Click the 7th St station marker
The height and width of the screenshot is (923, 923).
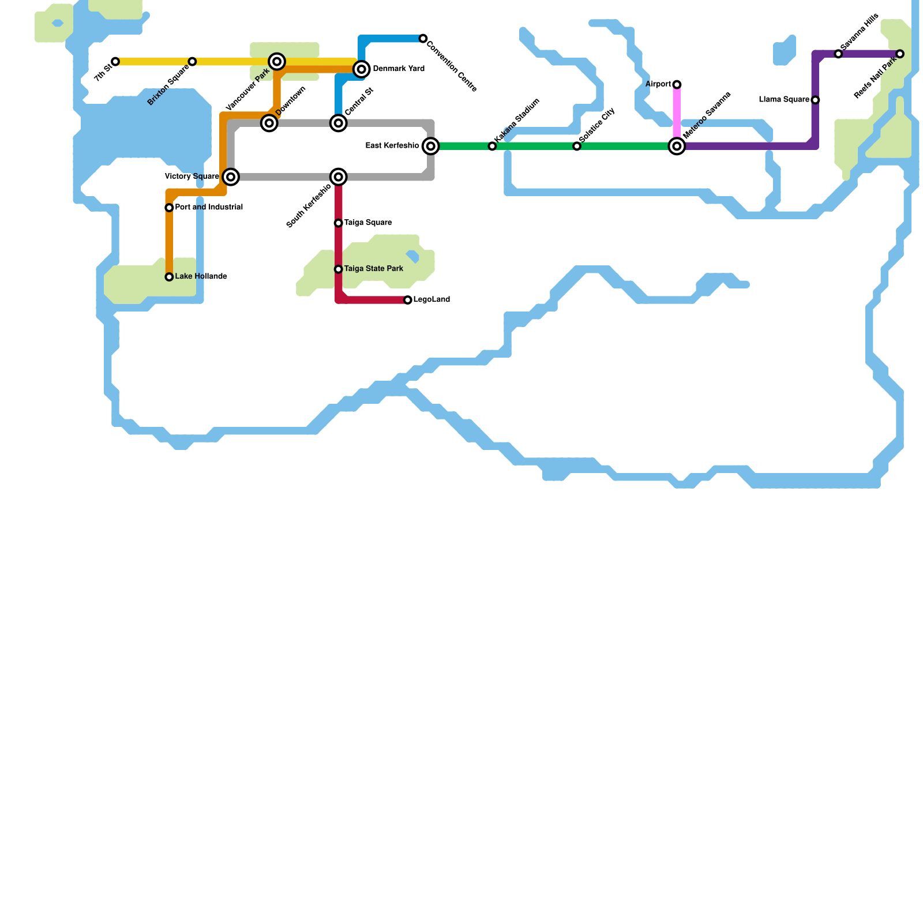click(115, 62)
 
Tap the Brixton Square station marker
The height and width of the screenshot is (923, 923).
click(192, 62)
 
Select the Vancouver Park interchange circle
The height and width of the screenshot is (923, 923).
click(277, 62)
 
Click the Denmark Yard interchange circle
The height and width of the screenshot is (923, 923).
click(362, 69)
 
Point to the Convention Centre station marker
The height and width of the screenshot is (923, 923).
click(423, 39)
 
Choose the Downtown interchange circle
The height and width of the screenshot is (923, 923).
click(269, 123)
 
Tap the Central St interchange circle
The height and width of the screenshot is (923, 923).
click(339, 123)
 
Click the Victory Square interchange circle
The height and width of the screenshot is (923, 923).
click(231, 177)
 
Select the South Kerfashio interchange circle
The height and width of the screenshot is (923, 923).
click(339, 177)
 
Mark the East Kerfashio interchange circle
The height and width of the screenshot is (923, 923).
click(430, 146)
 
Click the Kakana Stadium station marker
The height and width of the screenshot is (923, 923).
click(492, 147)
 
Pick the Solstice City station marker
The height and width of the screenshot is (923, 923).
click(577, 147)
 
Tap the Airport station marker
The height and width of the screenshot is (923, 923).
click(677, 85)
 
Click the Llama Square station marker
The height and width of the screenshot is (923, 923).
click(815, 100)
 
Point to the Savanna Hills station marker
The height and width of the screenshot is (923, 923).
click(838, 54)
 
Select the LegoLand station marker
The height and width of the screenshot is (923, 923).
click(408, 300)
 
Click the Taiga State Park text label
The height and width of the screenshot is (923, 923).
click(374, 269)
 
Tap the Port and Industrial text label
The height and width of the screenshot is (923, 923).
click(209, 207)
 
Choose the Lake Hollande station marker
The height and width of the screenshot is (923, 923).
click(169, 277)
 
